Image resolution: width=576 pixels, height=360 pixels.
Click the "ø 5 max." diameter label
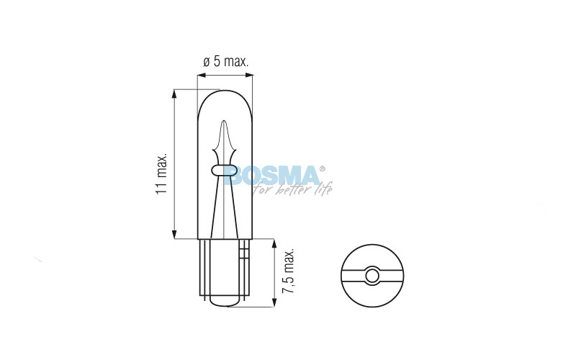[226, 61]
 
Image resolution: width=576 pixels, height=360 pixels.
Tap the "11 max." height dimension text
[161, 174]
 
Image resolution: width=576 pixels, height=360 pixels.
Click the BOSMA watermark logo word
[272, 175]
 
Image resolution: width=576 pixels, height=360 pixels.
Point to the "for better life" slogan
[293, 189]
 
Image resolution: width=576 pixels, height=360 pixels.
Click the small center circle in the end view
[372, 276]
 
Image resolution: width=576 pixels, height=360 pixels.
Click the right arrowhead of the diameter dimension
[250, 76]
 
